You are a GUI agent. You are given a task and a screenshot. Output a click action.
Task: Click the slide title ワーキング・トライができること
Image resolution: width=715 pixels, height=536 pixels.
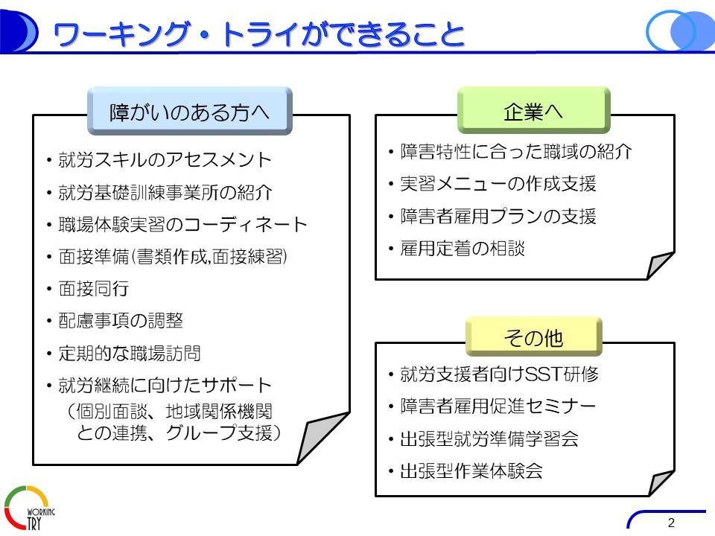[x=258, y=34]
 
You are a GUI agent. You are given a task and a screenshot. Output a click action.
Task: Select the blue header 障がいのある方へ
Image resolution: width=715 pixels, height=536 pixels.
[x=190, y=111]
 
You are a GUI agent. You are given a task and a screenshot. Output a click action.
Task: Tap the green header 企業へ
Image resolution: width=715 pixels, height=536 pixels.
[x=533, y=110]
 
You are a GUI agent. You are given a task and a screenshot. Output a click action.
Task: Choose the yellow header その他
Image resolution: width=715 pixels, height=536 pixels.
[x=533, y=336]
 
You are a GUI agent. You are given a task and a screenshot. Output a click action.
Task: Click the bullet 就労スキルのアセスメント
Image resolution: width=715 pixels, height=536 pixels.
[x=165, y=160]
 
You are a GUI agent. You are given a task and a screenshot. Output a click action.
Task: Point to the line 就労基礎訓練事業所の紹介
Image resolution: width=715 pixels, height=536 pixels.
[x=165, y=192]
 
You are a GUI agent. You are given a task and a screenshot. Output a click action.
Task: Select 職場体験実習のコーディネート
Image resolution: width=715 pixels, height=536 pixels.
[x=182, y=225]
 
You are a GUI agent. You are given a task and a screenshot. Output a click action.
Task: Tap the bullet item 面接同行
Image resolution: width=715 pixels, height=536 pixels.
[x=94, y=289]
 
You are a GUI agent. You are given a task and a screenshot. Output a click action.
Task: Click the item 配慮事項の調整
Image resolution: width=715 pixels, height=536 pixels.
[x=121, y=321]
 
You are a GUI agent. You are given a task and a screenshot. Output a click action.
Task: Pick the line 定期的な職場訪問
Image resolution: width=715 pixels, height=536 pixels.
[x=130, y=353]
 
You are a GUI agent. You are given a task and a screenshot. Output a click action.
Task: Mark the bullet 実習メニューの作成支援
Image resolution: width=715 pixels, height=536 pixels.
[x=498, y=184]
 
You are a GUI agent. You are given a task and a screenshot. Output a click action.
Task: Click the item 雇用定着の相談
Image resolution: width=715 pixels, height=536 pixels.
[x=463, y=249]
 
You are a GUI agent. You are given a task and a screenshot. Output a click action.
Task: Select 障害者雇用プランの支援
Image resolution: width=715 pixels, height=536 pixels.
[x=498, y=216]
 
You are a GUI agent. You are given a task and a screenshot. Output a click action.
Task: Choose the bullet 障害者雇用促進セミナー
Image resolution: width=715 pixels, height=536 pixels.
[x=498, y=406]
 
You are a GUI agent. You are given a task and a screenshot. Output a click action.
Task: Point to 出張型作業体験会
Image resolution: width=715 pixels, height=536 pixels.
[x=471, y=470]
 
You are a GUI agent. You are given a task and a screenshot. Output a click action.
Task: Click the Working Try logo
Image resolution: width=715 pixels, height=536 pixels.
[x=29, y=508]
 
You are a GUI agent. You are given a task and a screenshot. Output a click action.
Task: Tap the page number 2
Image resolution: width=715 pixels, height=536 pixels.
[x=671, y=523]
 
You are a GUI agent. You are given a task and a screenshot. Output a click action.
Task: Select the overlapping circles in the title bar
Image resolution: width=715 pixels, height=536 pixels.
[x=680, y=31]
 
